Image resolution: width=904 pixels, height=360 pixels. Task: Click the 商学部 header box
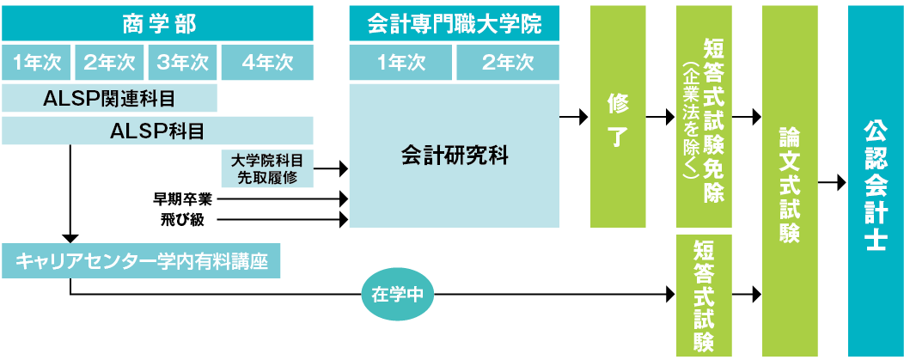157,23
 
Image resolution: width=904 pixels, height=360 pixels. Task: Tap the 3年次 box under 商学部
182,62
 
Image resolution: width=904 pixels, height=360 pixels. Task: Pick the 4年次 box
267,62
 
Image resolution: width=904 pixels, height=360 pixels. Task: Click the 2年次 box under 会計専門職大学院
508,62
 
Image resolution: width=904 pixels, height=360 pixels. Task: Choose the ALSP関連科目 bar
109,98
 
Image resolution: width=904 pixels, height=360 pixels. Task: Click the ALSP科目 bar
157,131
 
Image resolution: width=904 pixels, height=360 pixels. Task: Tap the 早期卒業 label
182,200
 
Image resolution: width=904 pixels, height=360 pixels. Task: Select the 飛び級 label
182,220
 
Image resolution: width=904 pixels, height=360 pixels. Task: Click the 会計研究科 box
455,156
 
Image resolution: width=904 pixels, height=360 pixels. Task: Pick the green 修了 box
618,117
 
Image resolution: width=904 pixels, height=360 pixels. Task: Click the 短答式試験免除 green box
704,117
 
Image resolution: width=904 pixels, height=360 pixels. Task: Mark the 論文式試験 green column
790,181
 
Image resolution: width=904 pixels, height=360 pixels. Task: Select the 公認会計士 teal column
875,181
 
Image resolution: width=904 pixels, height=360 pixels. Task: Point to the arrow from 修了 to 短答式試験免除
660,118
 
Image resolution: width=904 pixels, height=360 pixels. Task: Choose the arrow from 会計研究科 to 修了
574,118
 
